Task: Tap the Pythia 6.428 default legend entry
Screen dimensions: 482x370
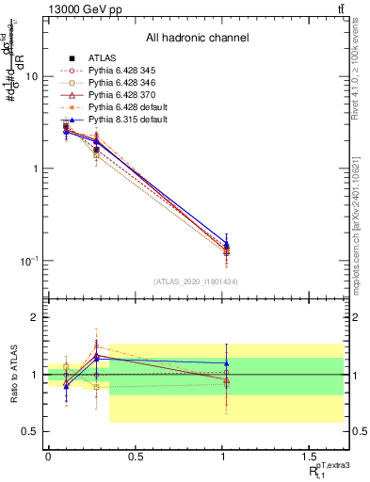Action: click(121, 107)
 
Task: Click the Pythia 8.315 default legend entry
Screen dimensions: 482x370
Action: click(121, 120)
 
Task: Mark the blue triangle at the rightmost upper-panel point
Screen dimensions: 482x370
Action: click(226, 244)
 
